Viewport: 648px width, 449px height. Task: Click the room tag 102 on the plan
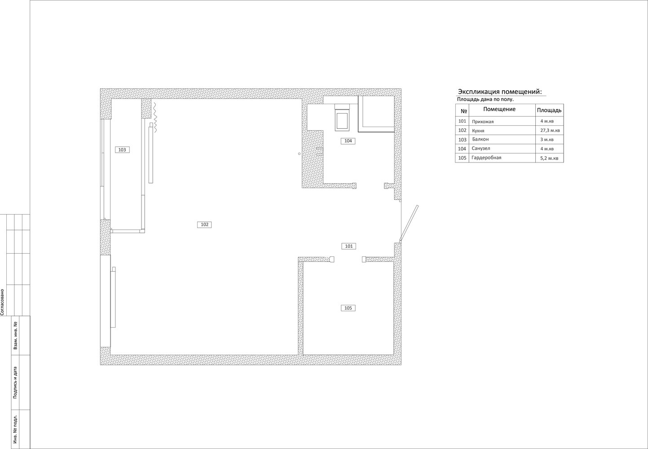tap(204, 224)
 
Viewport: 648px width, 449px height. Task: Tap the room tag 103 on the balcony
tap(122, 150)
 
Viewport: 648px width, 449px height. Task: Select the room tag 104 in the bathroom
tap(348, 141)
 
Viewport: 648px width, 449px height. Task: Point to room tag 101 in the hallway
tap(349, 246)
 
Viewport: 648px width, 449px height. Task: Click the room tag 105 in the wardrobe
tap(348, 308)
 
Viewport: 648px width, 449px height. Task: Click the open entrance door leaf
tap(409, 223)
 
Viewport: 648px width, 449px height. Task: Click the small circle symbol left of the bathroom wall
tap(299, 154)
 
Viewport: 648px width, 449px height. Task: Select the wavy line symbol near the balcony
tap(155, 117)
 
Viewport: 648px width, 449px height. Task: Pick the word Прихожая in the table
tap(483, 122)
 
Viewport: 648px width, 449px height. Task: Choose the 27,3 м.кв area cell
tap(550, 131)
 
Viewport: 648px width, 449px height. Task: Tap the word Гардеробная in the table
tap(486, 158)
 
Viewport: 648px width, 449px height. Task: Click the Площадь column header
tap(549, 110)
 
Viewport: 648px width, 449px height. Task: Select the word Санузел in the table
tap(481, 149)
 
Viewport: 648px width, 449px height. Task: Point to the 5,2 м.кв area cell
tap(549, 158)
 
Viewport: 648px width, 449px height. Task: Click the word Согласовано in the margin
tap(2, 302)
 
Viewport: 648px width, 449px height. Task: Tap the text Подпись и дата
tap(15, 383)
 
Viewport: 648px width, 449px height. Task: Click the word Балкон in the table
tap(480, 139)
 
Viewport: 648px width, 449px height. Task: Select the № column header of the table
tap(464, 111)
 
